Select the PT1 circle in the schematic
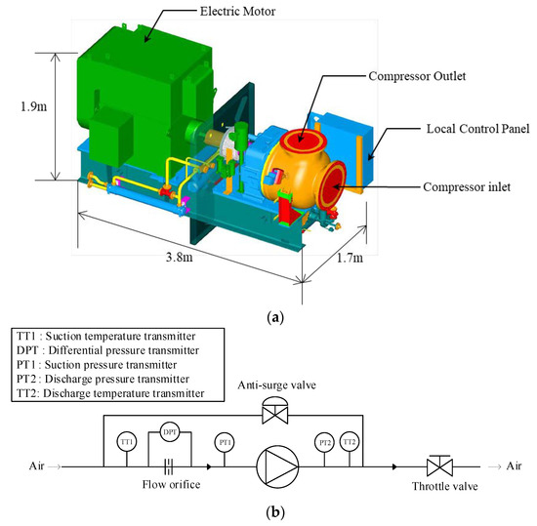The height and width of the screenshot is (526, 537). [225, 441]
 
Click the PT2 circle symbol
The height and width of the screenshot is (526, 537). [325, 441]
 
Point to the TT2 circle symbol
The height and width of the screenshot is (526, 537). [351, 441]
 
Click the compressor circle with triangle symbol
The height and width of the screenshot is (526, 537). [274, 466]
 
